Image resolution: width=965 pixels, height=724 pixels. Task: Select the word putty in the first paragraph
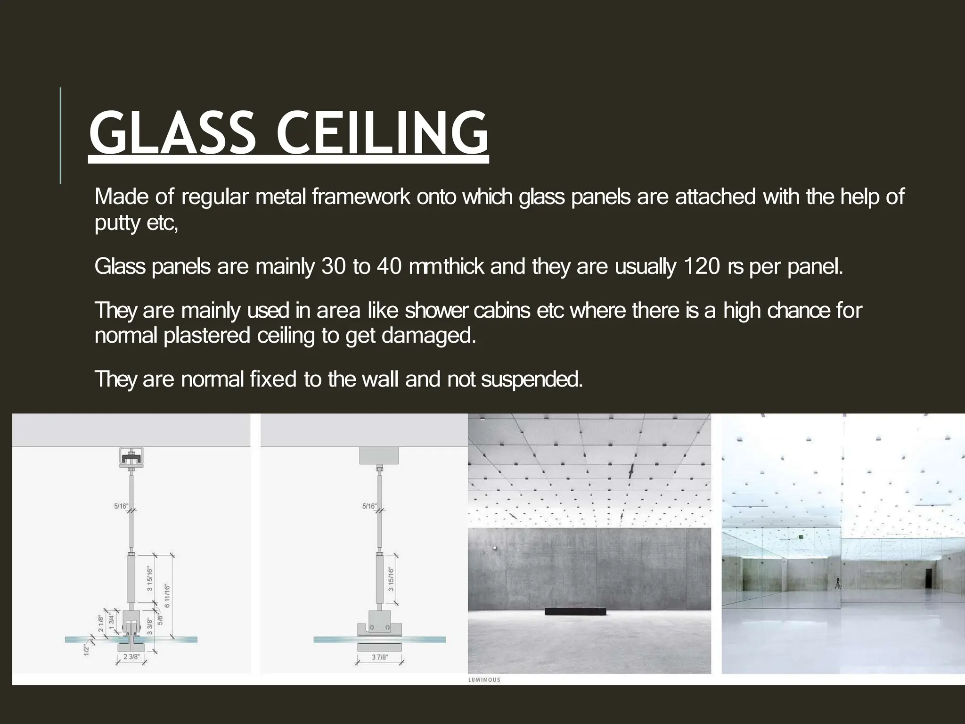117,222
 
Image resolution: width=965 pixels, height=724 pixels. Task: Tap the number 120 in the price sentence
701,267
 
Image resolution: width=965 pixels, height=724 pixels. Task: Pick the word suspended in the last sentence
532,379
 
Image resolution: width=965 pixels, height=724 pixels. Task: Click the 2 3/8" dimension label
131,657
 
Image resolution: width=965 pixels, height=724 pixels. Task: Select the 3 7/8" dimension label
380,657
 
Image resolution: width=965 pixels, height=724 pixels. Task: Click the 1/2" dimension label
87,649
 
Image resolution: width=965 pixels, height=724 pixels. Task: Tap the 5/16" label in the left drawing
121,506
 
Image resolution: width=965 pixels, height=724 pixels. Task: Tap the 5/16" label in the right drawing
369,506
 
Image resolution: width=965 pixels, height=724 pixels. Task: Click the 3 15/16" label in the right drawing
391,579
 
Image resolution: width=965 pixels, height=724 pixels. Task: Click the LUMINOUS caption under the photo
484,680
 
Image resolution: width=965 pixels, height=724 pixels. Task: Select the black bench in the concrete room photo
575,611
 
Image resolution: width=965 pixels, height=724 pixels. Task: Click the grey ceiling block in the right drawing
379,455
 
